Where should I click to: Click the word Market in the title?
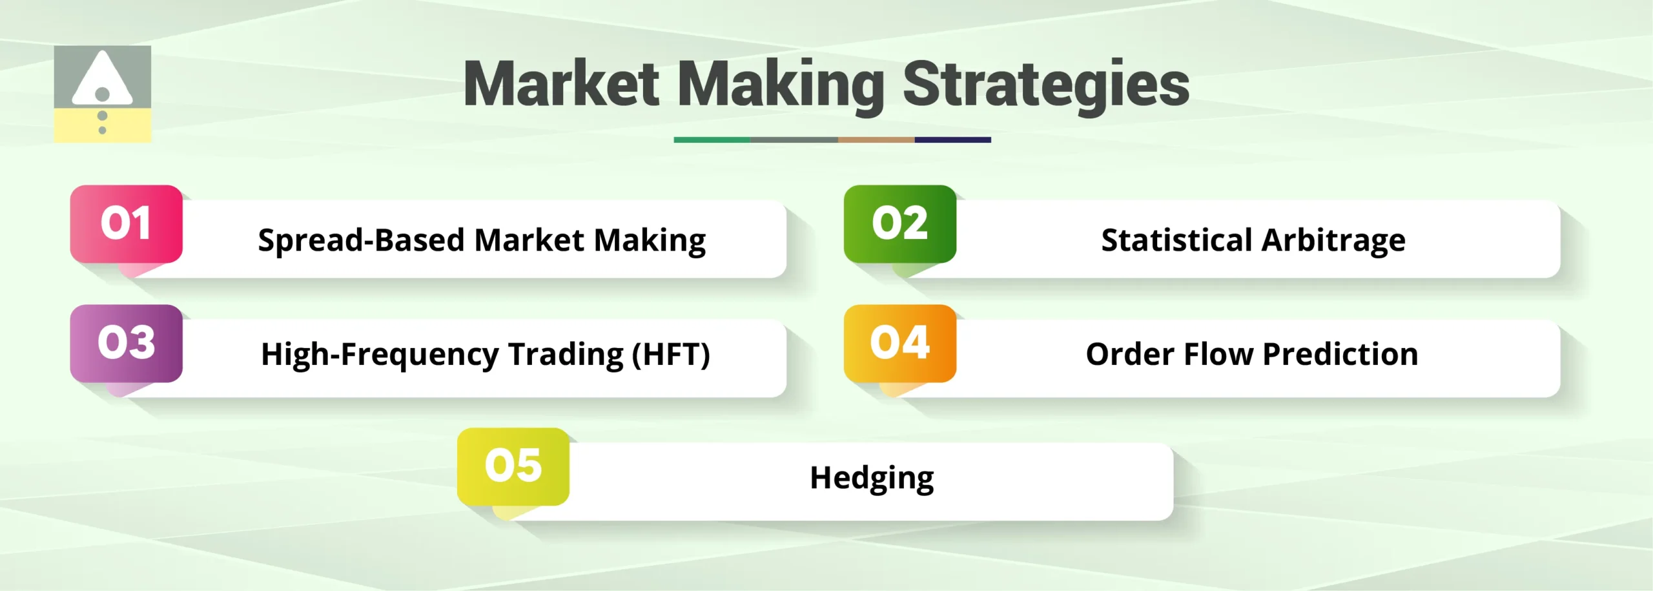[x=561, y=84]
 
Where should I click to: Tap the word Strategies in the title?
[x=1045, y=84]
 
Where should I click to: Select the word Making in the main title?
[x=781, y=84]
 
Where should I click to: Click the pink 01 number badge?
[x=126, y=223]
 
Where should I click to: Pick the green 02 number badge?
[x=899, y=223]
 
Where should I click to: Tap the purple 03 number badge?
[x=126, y=342]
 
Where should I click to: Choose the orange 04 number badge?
[x=899, y=342]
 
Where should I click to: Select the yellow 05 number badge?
[x=513, y=466]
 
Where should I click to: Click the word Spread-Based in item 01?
[x=361, y=240]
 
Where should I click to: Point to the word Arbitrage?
[x=1333, y=240]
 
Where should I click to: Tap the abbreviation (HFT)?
[x=671, y=354]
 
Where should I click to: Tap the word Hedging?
[x=872, y=478]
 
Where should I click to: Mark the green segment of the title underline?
[x=712, y=140]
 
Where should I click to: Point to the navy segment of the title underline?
[x=952, y=140]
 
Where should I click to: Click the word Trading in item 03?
[x=566, y=354]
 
